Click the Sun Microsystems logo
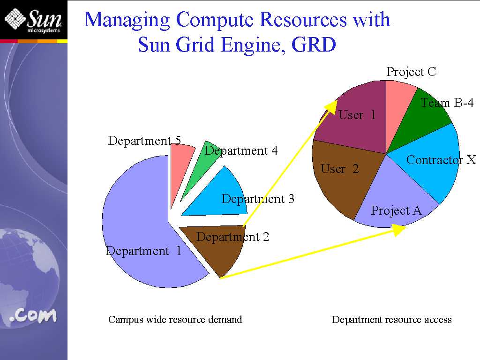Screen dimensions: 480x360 point(33,20)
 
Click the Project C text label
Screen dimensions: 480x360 point(411,72)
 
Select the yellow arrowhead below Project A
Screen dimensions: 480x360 point(398,230)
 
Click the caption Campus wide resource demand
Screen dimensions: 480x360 point(175,320)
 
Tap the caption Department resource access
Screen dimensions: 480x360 point(392,320)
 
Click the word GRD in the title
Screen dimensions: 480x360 point(314,45)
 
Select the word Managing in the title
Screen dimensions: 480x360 point(127,21)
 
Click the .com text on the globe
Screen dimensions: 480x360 point(33,316)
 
